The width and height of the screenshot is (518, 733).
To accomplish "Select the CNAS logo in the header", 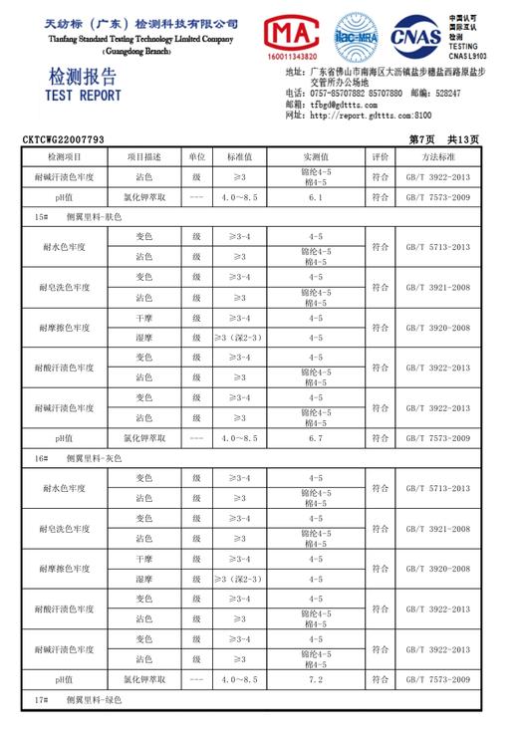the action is click(416, 37).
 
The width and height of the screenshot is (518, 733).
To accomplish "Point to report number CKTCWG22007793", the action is click(63, 140).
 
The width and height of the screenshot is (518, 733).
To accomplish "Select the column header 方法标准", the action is click(437, 157).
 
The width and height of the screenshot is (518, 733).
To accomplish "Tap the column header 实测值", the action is click(316, 157).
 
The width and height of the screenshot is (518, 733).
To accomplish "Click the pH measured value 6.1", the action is click(316, 198).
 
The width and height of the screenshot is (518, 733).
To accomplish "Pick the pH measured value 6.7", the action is click(316, 438).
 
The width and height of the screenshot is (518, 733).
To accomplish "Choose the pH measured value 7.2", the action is click(316, 679).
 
